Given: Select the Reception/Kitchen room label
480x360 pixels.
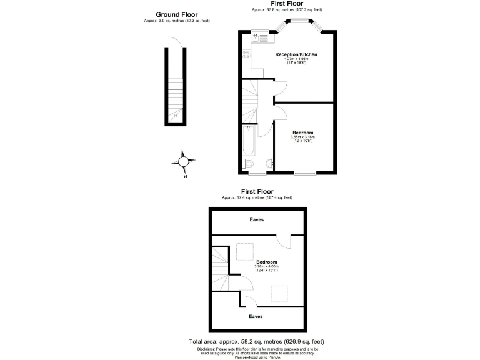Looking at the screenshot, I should coord(296,54).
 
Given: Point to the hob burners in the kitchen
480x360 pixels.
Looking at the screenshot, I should coord(247,54).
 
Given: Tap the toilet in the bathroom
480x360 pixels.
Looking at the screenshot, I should coord(249,164).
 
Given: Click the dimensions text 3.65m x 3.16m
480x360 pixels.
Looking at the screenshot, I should coord(302,137).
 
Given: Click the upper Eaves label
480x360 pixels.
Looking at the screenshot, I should coord(256,219).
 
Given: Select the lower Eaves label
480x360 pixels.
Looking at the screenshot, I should coord(256,316).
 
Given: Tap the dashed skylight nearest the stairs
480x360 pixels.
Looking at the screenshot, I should coord(245,251).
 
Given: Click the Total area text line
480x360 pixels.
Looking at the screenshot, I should coord(256,341).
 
